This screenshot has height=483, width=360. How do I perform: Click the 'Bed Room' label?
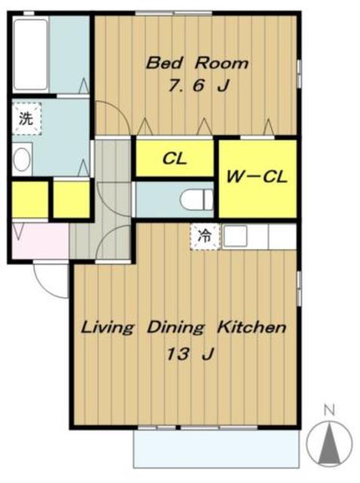tap(197, 63)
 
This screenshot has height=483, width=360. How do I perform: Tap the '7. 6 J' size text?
tap(198, 85)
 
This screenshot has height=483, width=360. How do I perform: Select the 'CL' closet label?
tap(174, 158)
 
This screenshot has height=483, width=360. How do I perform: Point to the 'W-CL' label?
tap(257, 177)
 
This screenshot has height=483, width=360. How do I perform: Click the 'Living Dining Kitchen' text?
tap(183, 328)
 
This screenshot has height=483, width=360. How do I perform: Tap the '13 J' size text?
tap(190, 354)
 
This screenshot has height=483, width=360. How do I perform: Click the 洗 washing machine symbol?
tap(26, 118)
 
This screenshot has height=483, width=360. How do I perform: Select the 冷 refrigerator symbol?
tap(205, 236)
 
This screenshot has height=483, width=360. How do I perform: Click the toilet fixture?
tap(196, 199)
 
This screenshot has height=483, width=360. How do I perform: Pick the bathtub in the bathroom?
tap(30, 54)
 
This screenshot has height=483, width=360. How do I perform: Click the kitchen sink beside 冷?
tap(235, 236)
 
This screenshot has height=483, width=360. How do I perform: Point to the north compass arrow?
tap(329, 445)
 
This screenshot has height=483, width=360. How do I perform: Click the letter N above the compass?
tap(329, 411)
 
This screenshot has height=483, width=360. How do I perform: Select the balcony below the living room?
tap(216, 449)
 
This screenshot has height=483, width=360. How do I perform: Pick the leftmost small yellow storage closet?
tap(30, 199)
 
